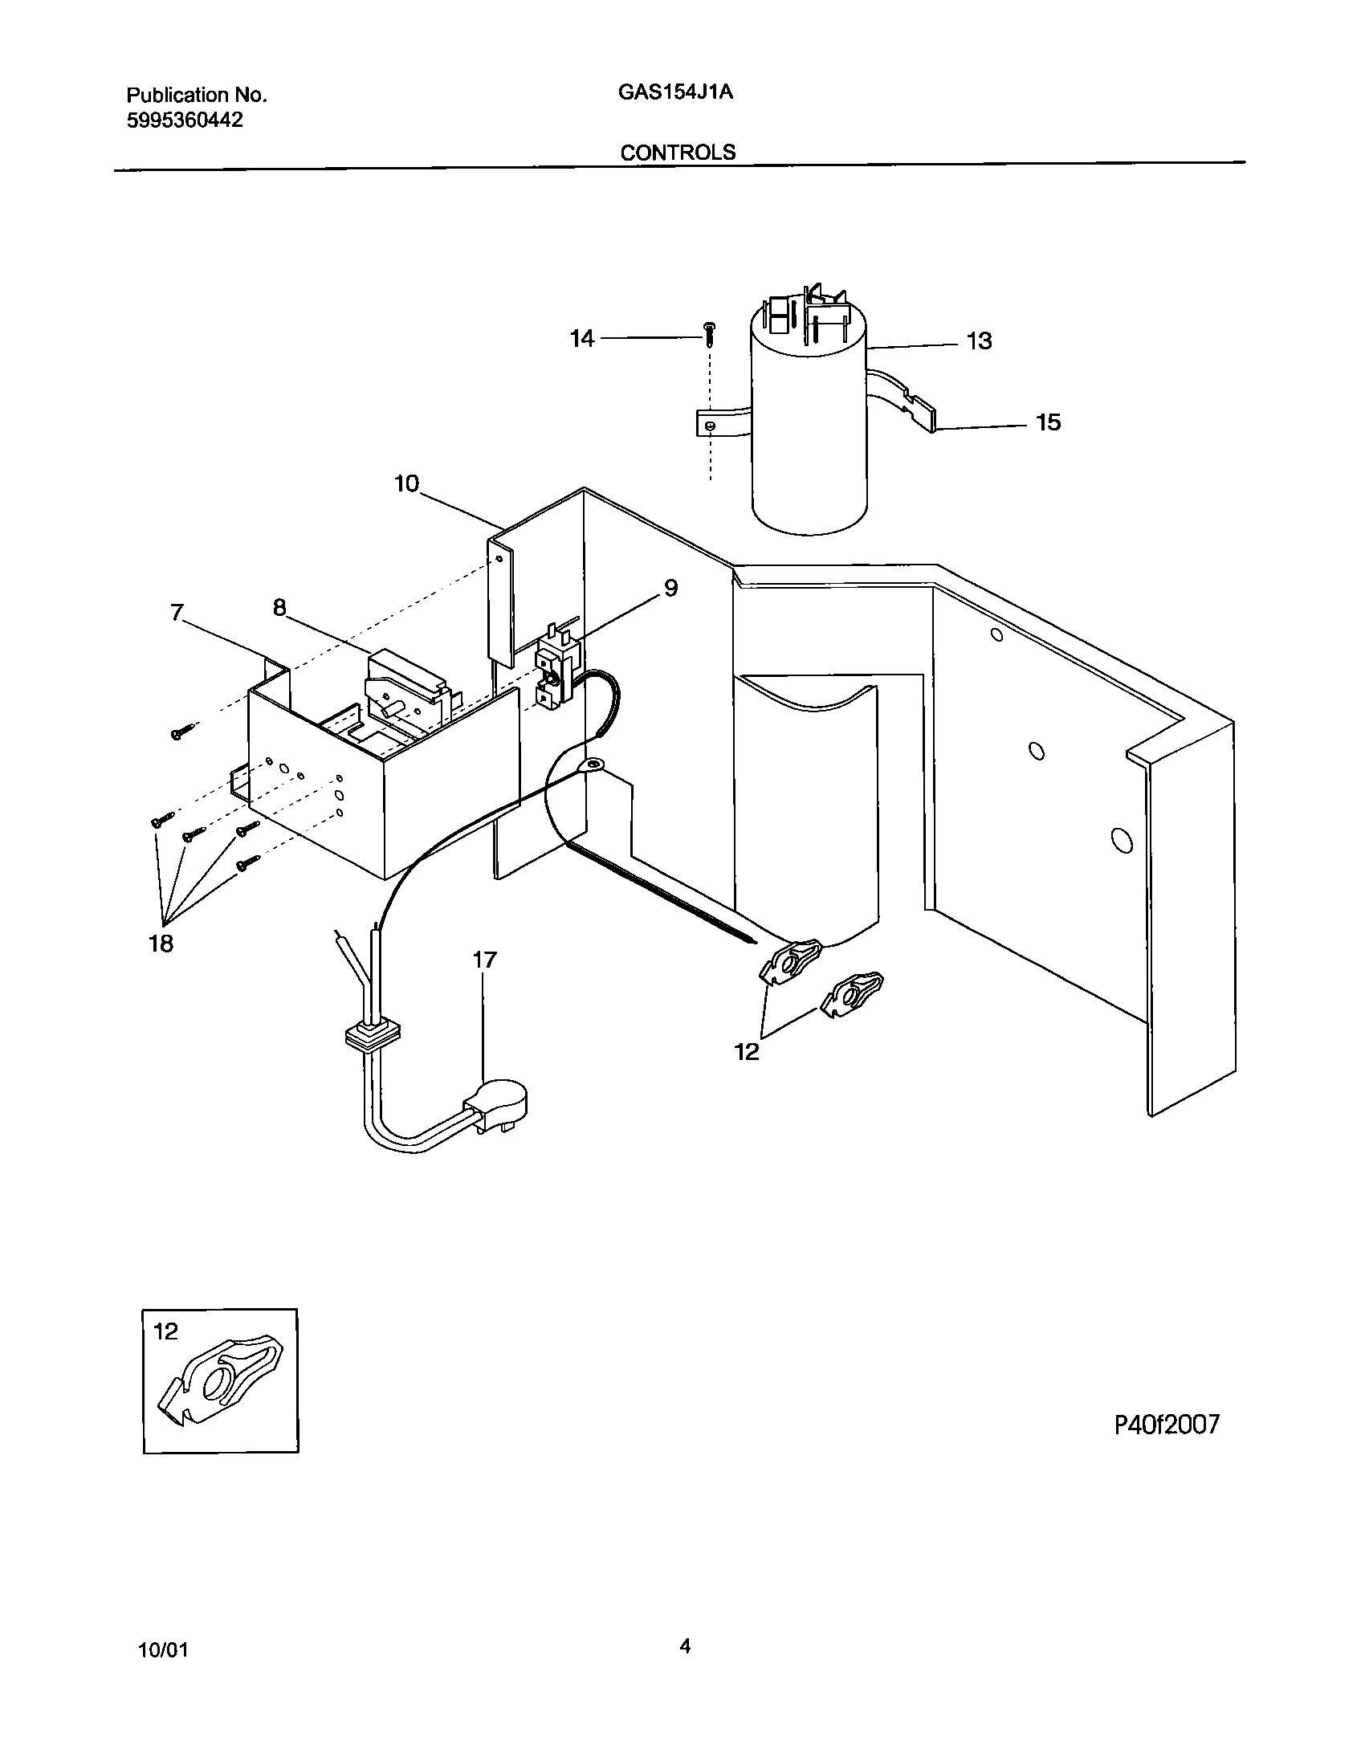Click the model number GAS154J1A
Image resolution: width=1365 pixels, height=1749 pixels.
(675, 92)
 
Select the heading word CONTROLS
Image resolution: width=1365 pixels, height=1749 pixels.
(678, 153)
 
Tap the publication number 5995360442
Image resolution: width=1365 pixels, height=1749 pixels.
(185, 120)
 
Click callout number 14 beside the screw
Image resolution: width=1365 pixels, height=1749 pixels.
(582, 340)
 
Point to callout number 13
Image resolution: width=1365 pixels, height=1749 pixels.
(979, 341)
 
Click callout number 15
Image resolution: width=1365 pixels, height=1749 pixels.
(1049, 422)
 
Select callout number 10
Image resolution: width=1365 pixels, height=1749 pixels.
(406, 484)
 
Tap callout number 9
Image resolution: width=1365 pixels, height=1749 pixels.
(670, 589)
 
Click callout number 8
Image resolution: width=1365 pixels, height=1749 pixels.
(279, 608)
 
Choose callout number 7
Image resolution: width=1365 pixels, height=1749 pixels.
(177, 614)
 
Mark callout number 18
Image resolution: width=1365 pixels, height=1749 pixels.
(161, 944)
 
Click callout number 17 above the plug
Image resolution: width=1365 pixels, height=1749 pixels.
(484, 960)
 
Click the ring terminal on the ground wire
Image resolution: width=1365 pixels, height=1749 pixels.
(594, 765)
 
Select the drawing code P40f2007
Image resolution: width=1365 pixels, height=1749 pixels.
(1167, 1425)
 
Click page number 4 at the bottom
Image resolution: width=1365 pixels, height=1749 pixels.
(685, 1647)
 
